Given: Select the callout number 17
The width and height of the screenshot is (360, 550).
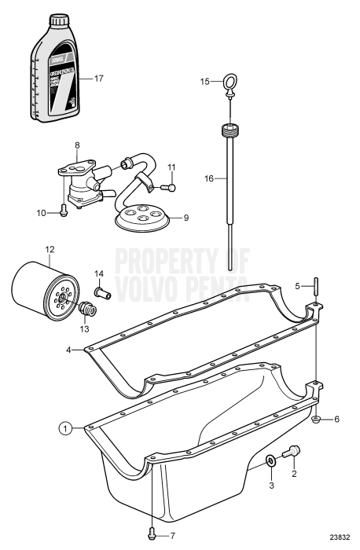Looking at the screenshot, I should (x=98, y=79).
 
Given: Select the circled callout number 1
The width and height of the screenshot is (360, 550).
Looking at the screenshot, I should (x=68, y=427).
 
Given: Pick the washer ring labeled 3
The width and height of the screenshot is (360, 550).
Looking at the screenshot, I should (x=270, y=461).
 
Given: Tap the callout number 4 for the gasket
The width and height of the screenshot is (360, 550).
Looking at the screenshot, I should (x=69, y=351).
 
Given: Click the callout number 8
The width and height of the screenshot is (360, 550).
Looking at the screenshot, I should (x=77, y=145).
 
